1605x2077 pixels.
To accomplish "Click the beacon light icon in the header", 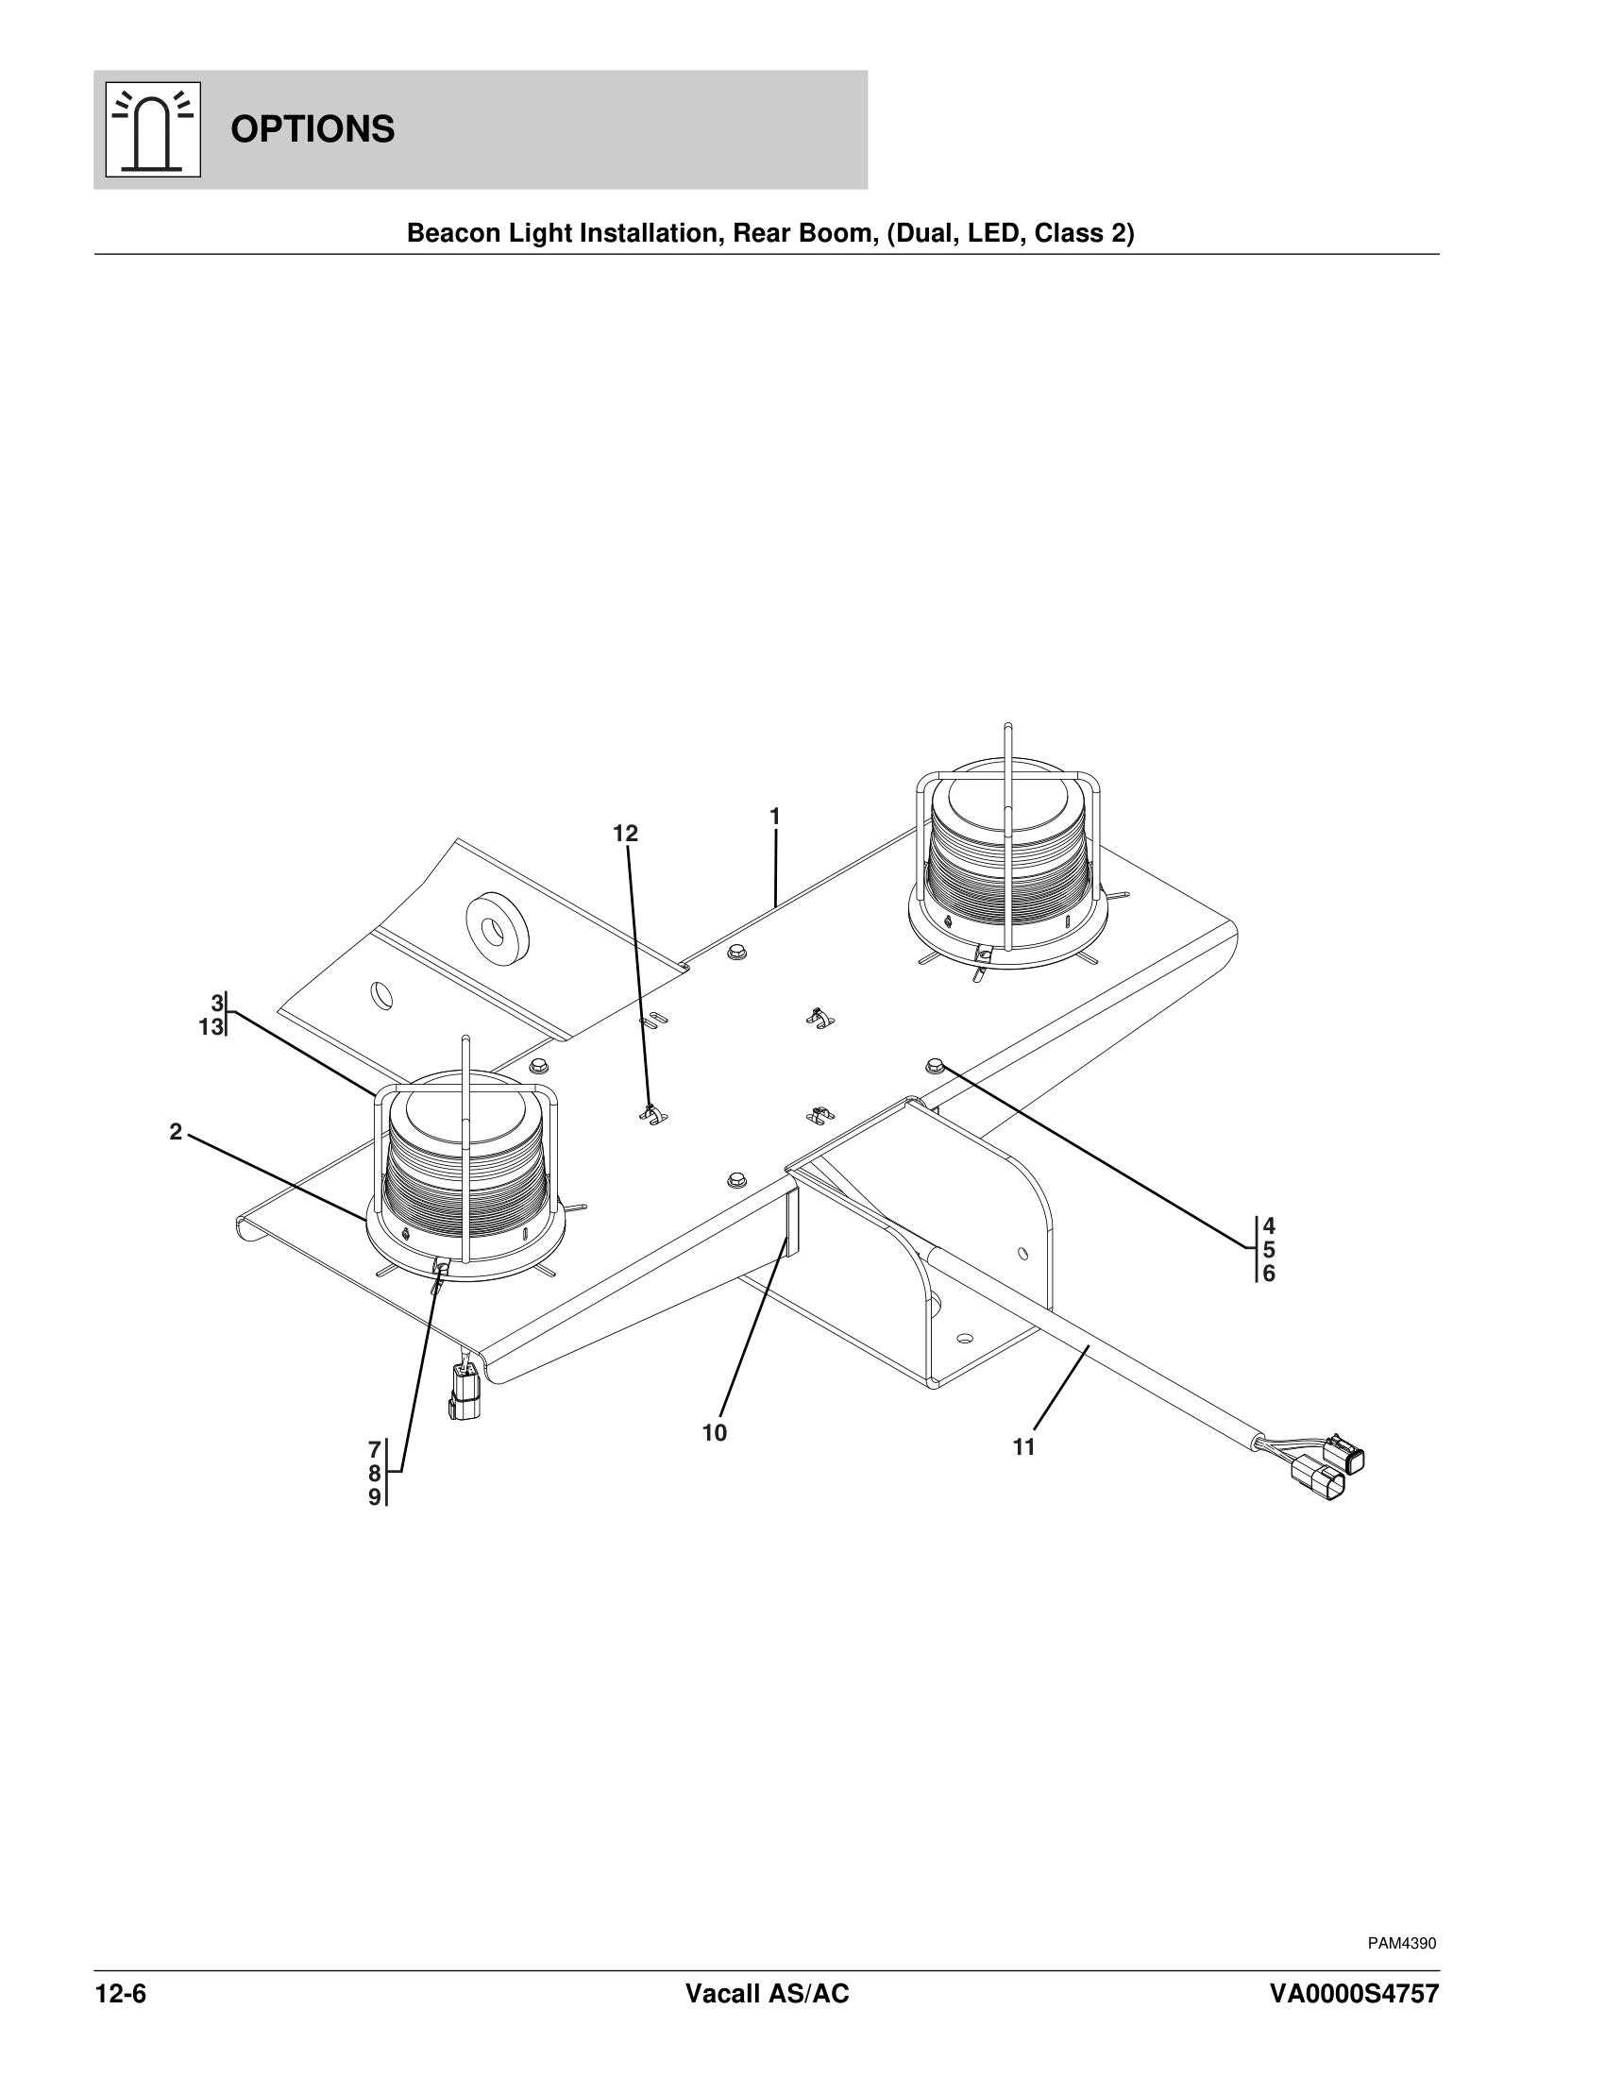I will pyautogui.click(x=153, y=130).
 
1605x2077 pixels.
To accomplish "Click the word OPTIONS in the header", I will pyautogui.click(x=312, y=129).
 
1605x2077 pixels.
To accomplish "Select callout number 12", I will pyautogui.click(x=625, y=834).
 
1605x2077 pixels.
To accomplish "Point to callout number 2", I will pyautogui.click(x=176, y=1132).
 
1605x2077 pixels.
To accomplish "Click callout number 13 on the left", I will pyautogui.click(x=211, y=1027).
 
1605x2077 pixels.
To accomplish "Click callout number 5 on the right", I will pyautogui.click(x=1268, y=1250).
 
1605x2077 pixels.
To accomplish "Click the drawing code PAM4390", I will pyautogui.click(x=1401, y=1943).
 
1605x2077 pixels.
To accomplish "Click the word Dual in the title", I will pyautogui.click(x=924, y=233).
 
